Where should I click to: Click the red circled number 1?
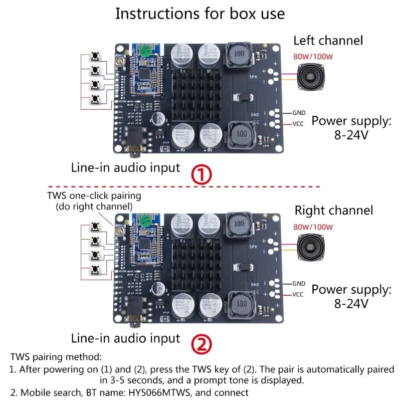tap(203, 174)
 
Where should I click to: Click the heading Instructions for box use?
tap(200, 14)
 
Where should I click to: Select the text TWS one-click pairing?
tap(94, 195)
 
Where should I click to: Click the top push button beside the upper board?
tap(95, 59)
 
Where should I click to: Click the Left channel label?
tap(328, 41)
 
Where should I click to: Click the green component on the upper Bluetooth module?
tap(145, 50)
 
